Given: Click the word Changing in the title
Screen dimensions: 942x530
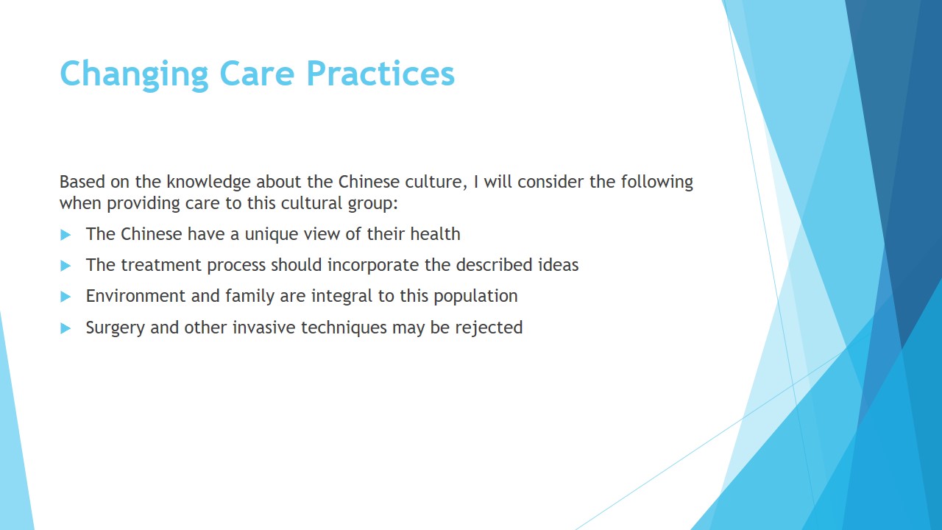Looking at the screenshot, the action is coord(134,74).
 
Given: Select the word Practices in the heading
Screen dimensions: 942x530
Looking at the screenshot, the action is coord(380,73).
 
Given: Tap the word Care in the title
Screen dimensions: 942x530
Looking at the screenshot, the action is coord(257,73).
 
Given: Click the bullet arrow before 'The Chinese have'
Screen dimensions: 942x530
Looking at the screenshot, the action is coord(65,235).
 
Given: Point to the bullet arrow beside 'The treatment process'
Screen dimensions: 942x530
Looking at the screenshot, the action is coord(65,266).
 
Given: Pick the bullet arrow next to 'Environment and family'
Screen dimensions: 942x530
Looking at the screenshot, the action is coord(65,297).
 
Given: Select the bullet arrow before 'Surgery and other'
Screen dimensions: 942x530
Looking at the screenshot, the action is coord(65,328).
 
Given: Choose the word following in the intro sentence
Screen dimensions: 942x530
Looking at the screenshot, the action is coord(657,183).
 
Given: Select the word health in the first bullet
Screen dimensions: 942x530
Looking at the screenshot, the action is coord(435,234).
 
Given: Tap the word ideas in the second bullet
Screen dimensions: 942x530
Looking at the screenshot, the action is coord(559,265).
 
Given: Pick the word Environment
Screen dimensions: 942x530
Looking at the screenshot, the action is coord(136,296).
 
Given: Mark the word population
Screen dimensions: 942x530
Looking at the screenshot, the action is coord(475,297).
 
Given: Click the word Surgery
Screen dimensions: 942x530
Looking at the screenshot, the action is coord(116,328).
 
